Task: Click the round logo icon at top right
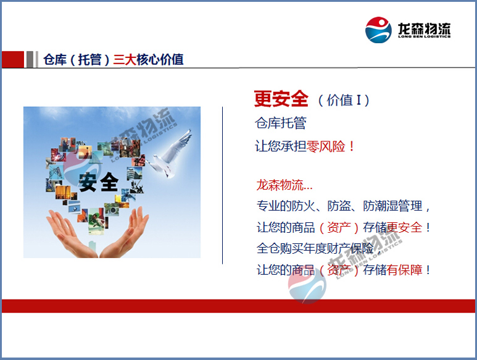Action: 378,30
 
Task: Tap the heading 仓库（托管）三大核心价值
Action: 113,60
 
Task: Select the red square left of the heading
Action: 12,59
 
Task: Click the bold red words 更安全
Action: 281,98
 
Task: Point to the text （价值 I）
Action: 344,99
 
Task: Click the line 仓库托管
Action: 280,123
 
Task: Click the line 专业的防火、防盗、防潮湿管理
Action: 343,206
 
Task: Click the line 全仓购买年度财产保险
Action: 315,248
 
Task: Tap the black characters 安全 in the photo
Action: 98,182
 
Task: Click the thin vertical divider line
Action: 222,185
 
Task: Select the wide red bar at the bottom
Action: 238,306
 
